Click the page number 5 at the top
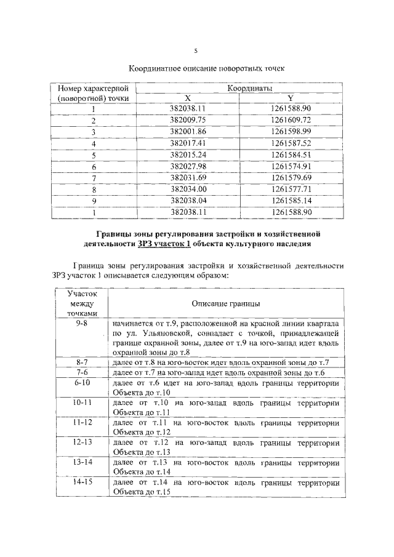click(196, 51)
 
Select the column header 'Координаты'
click(249, 89)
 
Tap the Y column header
click(290, 98)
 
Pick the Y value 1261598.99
click(291, 132)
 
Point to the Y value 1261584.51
click(291, 154)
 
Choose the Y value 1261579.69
click(291, 178)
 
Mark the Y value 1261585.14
click(291, 201)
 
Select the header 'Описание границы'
click(225, 304)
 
